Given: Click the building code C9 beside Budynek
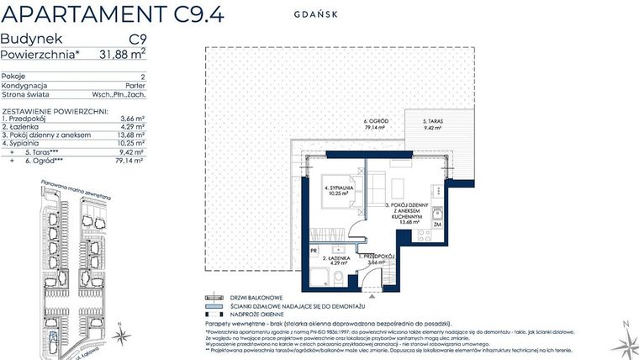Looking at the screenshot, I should (x=137, y=39).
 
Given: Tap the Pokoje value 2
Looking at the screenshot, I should (x=143, y=77).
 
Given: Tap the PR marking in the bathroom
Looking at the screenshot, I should (x=314, y=250).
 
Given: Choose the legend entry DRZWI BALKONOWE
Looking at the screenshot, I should (x=247, y=297).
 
